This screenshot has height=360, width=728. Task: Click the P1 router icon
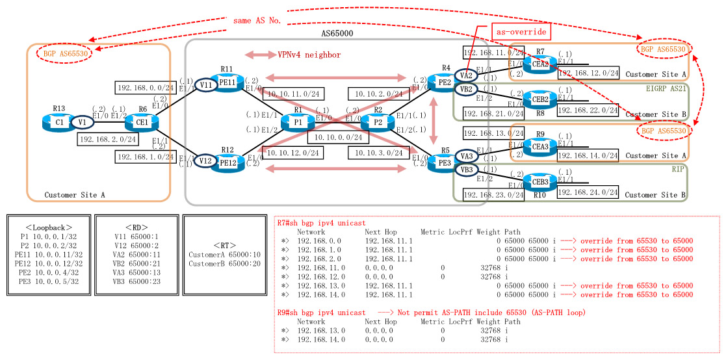point(297,122)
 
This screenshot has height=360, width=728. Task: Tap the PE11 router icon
point(227,83)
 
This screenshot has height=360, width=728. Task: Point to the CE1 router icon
point(140,122)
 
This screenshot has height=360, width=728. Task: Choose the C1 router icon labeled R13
point(58,122)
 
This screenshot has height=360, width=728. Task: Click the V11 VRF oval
point(206,84)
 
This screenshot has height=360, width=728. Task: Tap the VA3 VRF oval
point(465,156)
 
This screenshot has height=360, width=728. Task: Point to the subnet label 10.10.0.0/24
point(337,138)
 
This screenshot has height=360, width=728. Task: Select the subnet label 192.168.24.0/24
point(588,192)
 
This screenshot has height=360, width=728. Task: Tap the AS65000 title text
point(337,32)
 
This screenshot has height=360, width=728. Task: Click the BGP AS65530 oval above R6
point(64,53)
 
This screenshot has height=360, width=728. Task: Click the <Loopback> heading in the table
point(49,227)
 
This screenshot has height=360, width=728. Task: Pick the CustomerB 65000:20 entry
point(224,263)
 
